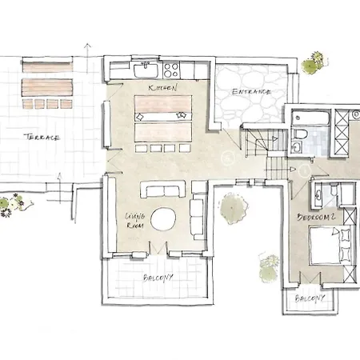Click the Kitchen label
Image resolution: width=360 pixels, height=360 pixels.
[x=162, y=88]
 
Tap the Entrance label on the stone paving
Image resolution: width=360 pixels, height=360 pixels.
[x=251, y=92]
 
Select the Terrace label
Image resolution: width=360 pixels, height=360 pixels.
[x=42, y=138]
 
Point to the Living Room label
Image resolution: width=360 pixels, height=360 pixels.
[x=135, y=221]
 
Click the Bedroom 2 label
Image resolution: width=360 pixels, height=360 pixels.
[x=316, y=217]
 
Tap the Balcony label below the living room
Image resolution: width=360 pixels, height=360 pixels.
[x=158, y=278]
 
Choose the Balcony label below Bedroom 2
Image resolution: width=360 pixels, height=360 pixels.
[x=310, y=298]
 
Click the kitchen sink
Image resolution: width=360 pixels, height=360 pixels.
[x=146, y=70]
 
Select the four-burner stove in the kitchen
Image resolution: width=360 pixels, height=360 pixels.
[x=171, y=70]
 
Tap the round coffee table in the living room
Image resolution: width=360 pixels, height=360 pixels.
[x=163, y=219]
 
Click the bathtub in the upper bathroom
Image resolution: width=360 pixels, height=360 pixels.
[x=310, y=118]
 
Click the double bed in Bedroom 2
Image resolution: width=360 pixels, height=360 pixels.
[x=330, y=245]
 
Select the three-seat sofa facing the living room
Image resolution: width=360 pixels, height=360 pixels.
[x=163, y=190]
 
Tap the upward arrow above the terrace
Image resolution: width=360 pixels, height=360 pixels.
[x=87, y=58]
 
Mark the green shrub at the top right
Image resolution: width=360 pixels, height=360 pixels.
[x=314, y=63]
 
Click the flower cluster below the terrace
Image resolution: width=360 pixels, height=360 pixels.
[x=14, y=205]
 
